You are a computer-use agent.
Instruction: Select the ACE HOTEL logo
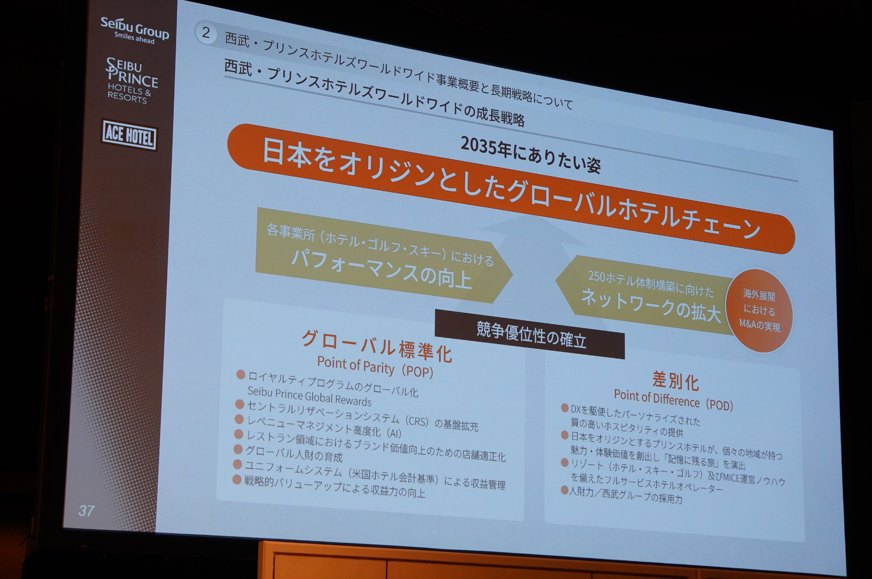(129, 135)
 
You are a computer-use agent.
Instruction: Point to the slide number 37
(86, 510)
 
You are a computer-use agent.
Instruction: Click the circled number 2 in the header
(206, 33)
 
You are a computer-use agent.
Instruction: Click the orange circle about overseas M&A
(759, 310)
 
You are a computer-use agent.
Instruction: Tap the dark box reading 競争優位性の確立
(530, 334)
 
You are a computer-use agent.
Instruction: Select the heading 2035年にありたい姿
(530, 154)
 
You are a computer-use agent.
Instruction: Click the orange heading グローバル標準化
(377, 346)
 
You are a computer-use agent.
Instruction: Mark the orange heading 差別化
(675, 380)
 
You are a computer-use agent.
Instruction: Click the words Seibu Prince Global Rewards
(309, 396)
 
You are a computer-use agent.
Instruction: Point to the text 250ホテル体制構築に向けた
(650, 283)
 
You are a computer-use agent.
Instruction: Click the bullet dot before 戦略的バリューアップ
(237, 479)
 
